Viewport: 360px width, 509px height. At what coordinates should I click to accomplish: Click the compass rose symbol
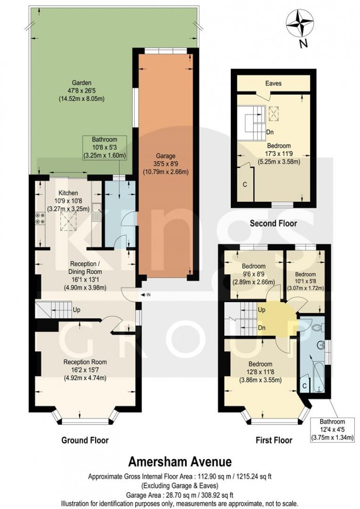click(299, 23)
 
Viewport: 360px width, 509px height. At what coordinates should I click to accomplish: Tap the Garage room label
click(166, 156)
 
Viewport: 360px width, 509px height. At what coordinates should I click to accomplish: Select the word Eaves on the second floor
click(274, 83)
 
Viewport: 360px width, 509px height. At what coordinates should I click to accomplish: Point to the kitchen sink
click(96, 212)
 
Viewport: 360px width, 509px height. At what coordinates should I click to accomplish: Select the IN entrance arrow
click(145, 295)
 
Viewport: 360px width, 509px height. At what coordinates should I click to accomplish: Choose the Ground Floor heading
click(85, 440)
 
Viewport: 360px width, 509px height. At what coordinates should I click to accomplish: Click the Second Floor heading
click(273, 223)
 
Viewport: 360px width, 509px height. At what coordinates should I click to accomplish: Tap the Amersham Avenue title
click(181, 461)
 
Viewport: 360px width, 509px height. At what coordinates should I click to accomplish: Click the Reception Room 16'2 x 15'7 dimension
click(85, 370)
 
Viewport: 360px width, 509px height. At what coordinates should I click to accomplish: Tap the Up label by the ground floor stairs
click(77, 310)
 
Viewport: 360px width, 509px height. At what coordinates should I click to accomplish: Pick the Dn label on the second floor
click(270, 132)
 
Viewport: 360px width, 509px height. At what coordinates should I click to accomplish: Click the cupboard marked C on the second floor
click(245, 184)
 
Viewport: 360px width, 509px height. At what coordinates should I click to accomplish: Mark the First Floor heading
click(274, 440)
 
